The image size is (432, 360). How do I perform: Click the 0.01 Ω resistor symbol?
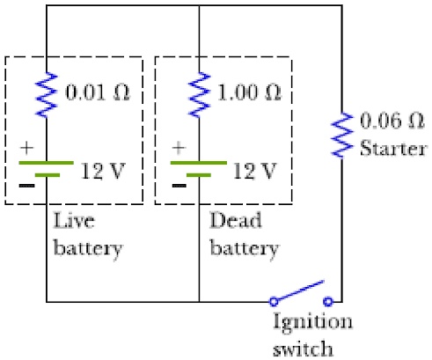47,94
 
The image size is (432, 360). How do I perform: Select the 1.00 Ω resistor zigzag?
199,94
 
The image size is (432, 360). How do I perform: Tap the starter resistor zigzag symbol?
342,135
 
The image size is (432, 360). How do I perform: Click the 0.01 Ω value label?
98,92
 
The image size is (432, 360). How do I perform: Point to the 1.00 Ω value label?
249,92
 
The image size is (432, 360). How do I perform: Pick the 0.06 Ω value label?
392,121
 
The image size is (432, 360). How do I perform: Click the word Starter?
393,148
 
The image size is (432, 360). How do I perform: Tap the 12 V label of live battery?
103,171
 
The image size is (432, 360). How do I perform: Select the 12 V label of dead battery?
254,171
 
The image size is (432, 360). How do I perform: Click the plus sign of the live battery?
27,148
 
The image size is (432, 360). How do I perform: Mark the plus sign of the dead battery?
179,148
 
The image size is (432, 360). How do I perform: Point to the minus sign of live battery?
26,186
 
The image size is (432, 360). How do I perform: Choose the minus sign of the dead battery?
179,186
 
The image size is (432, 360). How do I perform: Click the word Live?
74,220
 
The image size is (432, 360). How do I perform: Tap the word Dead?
236,220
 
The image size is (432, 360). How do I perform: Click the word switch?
303,349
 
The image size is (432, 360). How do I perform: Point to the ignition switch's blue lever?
299,290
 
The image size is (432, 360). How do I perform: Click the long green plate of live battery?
46,163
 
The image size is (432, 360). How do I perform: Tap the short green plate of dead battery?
199,175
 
